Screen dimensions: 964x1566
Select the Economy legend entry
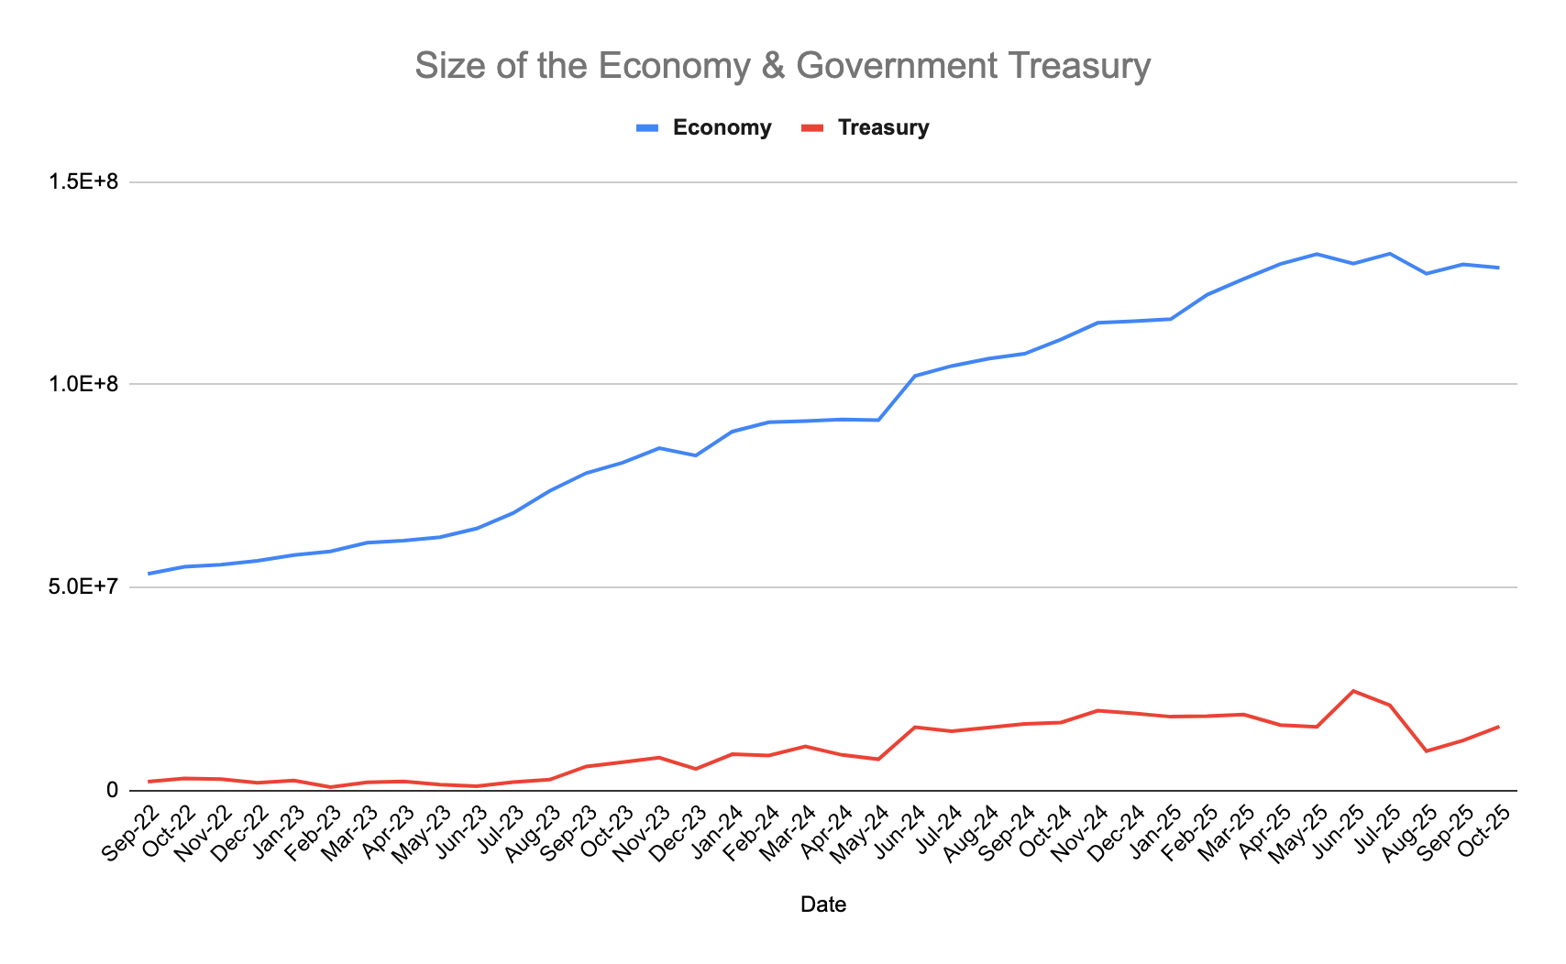click(x=722, y=127)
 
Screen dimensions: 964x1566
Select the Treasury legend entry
click(x=883, y=127)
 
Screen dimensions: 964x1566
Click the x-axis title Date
click(x=822, y=904)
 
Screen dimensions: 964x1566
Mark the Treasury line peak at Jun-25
click(x=1353, y=691)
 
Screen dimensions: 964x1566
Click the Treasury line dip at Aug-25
click(x=1427, y=750)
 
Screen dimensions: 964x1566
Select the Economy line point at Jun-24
click(x=915, y=376)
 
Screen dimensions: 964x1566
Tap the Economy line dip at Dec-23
click(x=696, y=455)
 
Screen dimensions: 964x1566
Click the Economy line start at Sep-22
click(x=149, y=574)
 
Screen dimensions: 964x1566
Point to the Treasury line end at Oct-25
click(x=1499, y=727)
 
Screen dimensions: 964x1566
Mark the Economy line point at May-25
click(x=1317, y=254)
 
